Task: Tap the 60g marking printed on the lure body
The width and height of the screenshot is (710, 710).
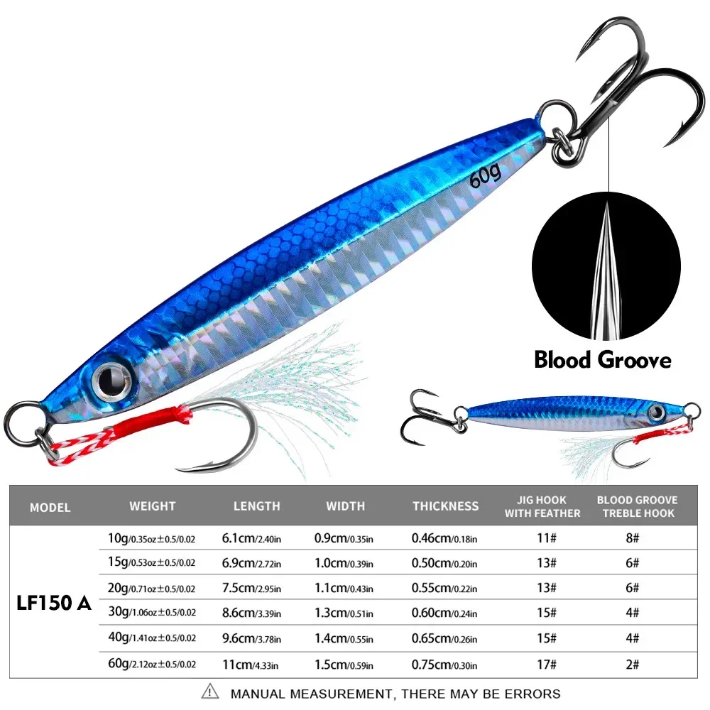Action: [x=486, y=175]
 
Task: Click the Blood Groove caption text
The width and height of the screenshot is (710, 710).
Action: [x=603, y=360]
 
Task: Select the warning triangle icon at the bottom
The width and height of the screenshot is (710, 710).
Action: [x=209, y=692]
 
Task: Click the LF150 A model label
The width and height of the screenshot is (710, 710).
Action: [x=54, y=603]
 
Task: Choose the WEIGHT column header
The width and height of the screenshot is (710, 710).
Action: [x=153, y=506]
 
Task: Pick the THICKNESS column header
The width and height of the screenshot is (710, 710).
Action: [x=446, y=506]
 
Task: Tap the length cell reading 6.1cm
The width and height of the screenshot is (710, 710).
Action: [x=251, y=538]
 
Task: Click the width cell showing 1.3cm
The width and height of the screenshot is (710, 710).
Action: [x=344, y=613]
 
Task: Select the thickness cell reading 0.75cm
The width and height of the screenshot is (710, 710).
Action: [x=444, y=665]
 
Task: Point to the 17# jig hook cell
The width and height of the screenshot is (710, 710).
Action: [x=547, y=665]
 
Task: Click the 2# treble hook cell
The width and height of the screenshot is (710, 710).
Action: [x=632, y=665]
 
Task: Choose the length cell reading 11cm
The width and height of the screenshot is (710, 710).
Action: [x=250, y=665]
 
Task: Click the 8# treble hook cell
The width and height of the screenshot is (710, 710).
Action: [x=632, y=538]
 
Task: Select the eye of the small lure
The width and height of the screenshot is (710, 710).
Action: [x=656, y=412]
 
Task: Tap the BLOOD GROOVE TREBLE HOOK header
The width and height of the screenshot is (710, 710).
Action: [x=638, y=506]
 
